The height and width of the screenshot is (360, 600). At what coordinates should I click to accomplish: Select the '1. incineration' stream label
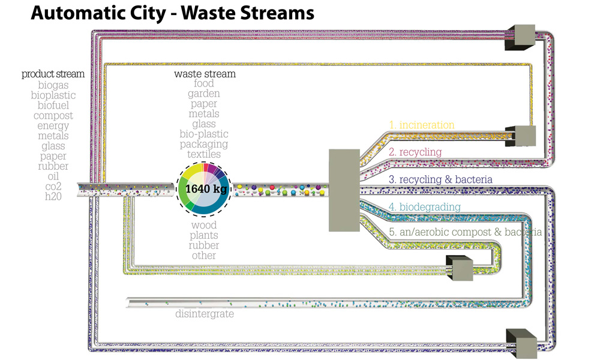point(421,125)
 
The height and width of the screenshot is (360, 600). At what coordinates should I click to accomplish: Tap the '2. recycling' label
point(415,152)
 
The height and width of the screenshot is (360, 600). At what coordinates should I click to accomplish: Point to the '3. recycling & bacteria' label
point(440,179)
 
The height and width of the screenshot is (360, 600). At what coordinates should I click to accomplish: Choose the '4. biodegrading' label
point(424,207)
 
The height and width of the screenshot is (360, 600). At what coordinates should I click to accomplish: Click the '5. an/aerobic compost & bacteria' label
point(465,232)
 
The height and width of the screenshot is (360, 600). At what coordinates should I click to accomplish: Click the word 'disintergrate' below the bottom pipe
point(205,314)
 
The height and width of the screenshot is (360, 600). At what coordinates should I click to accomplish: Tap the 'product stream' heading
point(53,74)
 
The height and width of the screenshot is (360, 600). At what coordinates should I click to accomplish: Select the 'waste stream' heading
point(205,74)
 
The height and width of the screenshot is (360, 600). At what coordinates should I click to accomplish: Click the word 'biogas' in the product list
point(53,85)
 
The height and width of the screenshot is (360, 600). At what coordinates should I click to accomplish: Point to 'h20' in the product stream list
point(53,187)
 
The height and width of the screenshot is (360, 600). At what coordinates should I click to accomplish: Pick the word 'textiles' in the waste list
point(204,154)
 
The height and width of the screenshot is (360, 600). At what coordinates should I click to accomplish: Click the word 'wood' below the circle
point(204,226)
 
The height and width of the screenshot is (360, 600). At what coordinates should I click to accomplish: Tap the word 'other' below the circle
point(204,256)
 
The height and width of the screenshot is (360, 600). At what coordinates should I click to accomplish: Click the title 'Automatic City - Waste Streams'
point(172,13)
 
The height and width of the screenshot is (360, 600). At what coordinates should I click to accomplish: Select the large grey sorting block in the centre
point(344,190)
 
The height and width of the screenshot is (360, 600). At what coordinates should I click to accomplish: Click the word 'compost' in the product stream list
point(53,115)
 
